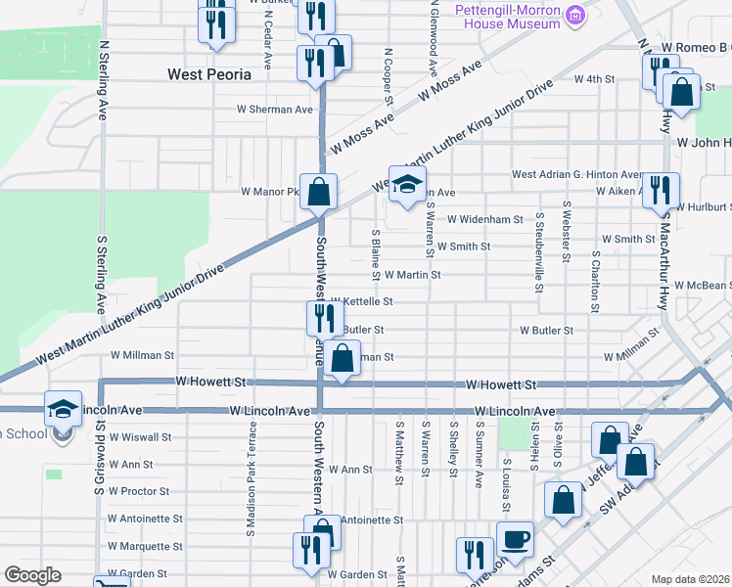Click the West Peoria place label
(209, 73)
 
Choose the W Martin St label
(412, 276)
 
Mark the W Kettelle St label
(361, 302)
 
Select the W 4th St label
(593, 78)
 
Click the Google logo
(31, 575)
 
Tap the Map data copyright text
(691, 579)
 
